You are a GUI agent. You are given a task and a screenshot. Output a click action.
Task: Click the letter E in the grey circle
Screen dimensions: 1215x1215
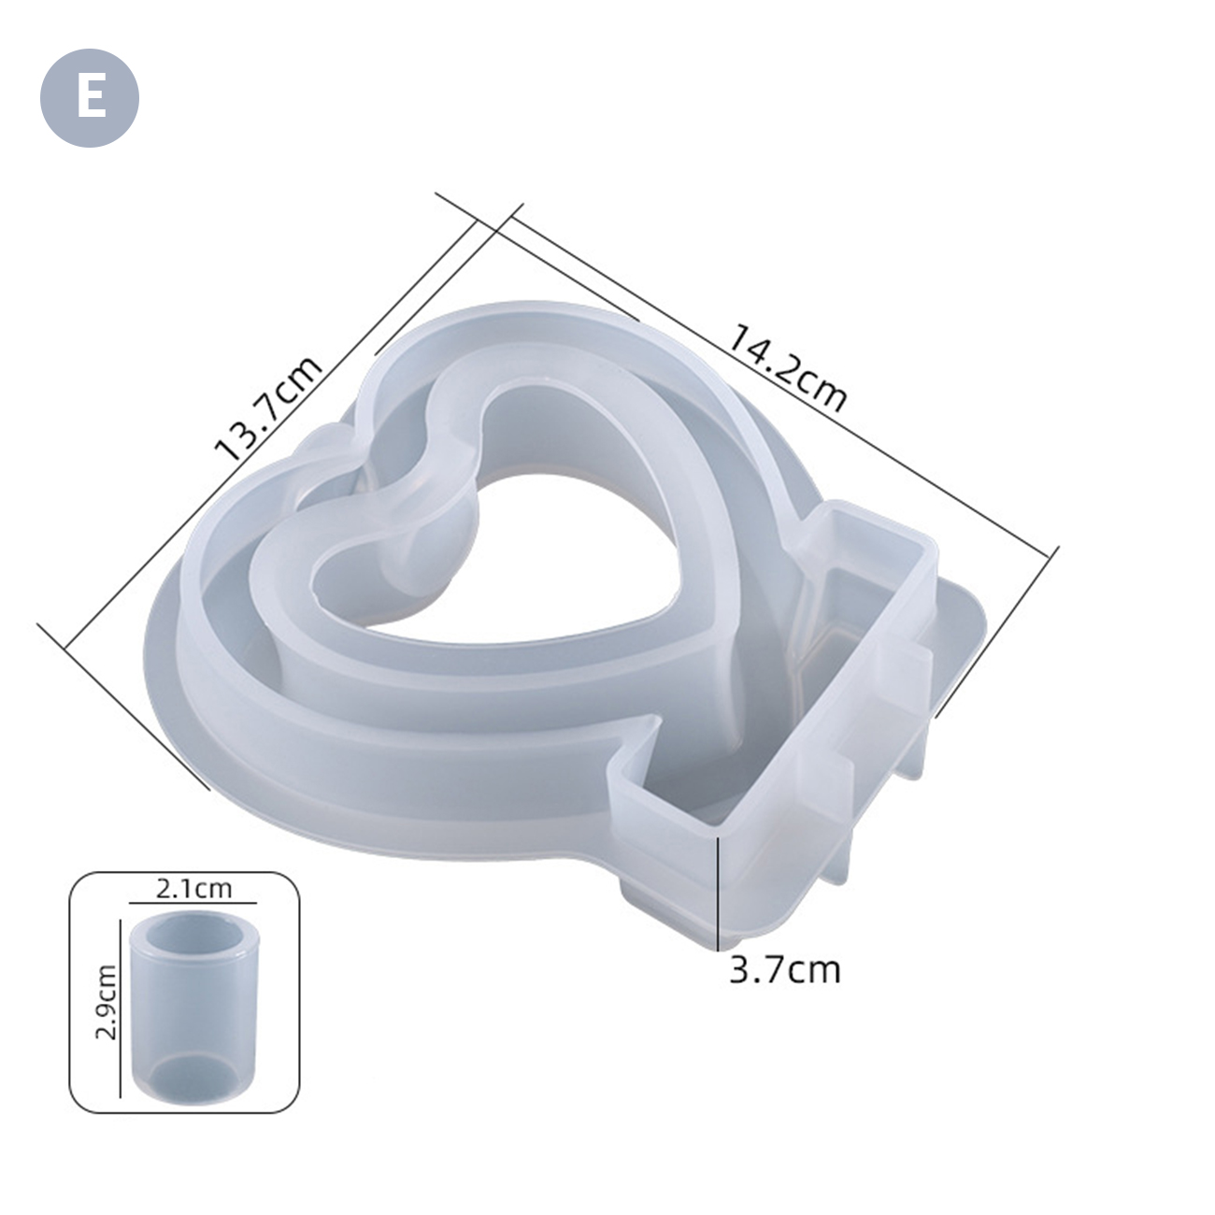pos(91,98)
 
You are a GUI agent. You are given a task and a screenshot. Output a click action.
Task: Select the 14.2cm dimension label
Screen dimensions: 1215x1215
pos(788,367)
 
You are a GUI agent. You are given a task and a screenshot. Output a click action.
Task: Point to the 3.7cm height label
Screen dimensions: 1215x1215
pos(785,970)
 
